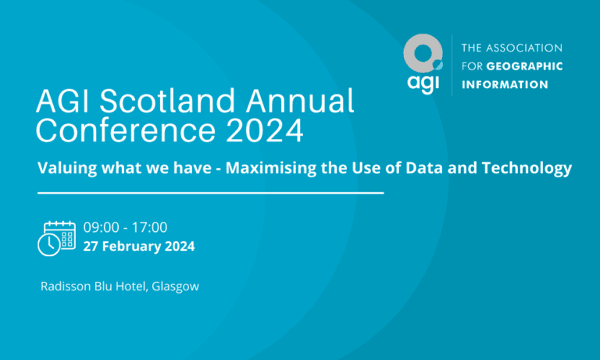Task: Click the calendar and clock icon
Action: coord(56,237)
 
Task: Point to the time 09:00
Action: coord(102,228)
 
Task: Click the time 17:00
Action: coord(149,228)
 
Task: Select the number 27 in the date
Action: coord(91,246)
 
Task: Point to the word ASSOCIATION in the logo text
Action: coord(528,48)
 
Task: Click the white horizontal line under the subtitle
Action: coord(210,191)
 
